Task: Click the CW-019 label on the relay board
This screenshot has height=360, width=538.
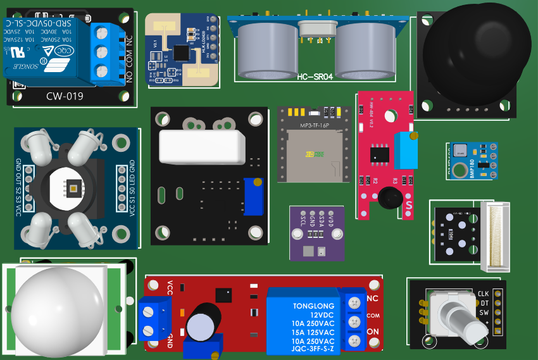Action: pos(65,96)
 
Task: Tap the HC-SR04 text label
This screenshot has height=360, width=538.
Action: pos(315,77)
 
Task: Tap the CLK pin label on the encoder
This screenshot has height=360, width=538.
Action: pos(484,294)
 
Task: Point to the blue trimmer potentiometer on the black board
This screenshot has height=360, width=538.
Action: pos(253,197)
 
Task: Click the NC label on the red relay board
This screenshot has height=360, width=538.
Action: pos(373,298)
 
